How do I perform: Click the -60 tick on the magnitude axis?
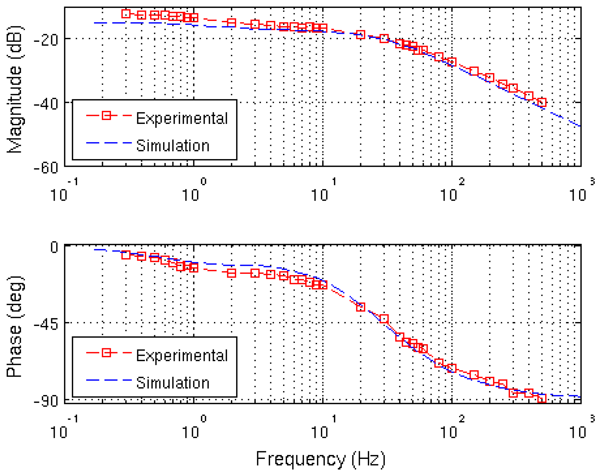pyautogui.click(x=46, y=168)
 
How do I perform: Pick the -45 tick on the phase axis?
pyautogui.click(x=46, y=324)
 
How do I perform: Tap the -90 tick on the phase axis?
pyautogui.click(x=46, y=401)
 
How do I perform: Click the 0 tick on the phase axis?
pyautogui.click(x=54, y=247)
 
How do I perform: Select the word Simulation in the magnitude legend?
pyautogui.click(x=173, y=146)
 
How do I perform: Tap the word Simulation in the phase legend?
pyautogui.click(x=173, y=383)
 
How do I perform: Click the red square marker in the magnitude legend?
pyautogui.click(x=106, y=115)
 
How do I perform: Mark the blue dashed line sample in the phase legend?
pyautogui.click(x=109, y=380)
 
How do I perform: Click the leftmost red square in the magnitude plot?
pyautogui.click(x=126, y=14)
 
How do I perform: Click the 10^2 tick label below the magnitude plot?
pyautogui.click(x=451, y=191)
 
